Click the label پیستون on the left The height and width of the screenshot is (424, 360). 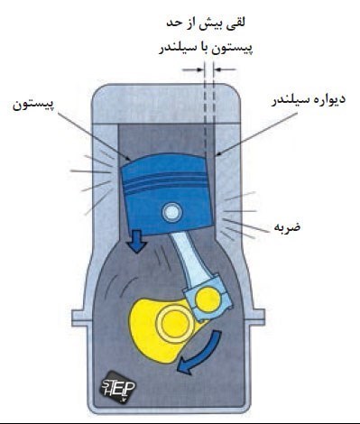(33, 105)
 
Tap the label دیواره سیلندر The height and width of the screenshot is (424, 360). (309, 100)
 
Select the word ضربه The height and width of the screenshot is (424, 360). (287, 226)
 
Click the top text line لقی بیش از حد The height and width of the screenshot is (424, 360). (206, 23)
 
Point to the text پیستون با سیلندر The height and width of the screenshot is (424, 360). (206, 48)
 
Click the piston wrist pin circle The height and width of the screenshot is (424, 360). (172, 212)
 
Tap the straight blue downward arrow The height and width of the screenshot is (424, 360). (136, 242)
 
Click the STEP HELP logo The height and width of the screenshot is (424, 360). (117, 387)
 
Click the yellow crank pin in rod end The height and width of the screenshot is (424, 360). (208, 300)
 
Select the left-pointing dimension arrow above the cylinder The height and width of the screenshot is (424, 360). (225, 69)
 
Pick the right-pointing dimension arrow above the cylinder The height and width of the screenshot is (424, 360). (192, 69)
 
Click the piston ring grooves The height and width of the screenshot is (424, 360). (166, 182)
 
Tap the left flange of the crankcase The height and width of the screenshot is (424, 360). (82, 318)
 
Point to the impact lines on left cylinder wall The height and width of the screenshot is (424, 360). (94, 180)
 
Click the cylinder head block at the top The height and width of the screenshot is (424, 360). (167, 104)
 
